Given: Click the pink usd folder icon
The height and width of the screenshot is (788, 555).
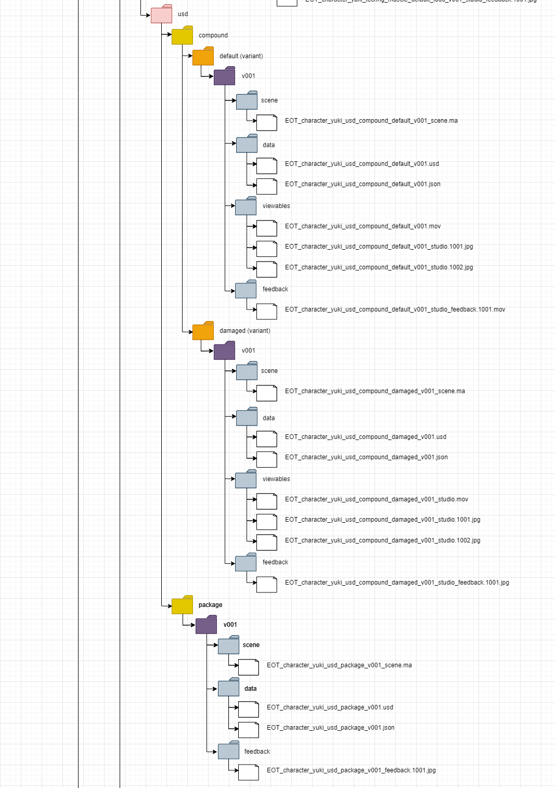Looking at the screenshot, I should point(161,15).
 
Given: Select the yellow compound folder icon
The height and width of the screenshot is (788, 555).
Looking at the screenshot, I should point(182,36).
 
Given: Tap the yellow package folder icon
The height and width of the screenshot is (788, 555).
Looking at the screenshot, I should point(182,605).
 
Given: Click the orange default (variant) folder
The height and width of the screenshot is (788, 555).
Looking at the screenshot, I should point(203,57).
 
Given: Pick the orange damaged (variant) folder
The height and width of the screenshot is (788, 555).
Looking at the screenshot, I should point(203,331).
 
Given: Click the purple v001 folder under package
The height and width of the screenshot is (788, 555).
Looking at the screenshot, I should point(206,625).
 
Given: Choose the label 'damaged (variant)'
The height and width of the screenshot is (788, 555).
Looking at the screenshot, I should point(244,331).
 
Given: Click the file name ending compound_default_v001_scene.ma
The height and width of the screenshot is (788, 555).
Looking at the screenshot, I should point(371,121).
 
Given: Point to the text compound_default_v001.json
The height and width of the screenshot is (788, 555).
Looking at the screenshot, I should point(363,184).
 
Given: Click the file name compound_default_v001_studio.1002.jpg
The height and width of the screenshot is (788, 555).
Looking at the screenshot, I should point(379,267).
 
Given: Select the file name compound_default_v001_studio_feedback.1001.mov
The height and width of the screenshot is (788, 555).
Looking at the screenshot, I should point(395,309).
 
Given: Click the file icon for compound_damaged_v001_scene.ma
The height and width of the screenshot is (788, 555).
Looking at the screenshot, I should point(266,393).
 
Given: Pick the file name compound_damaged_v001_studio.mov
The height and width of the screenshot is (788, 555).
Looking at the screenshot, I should point(376,499).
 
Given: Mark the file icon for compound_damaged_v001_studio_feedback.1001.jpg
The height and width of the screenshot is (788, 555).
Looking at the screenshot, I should point(266,584).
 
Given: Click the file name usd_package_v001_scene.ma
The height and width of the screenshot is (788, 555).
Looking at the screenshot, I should point(339,665).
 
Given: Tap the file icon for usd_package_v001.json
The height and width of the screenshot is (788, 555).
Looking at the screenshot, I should point(248,729).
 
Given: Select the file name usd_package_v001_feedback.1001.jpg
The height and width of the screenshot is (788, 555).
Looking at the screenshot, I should point(351,770).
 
